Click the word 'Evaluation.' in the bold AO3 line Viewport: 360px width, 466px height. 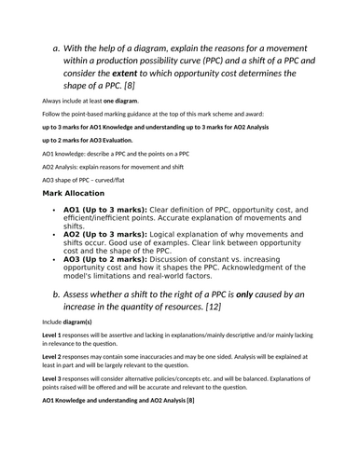[115, 139]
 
